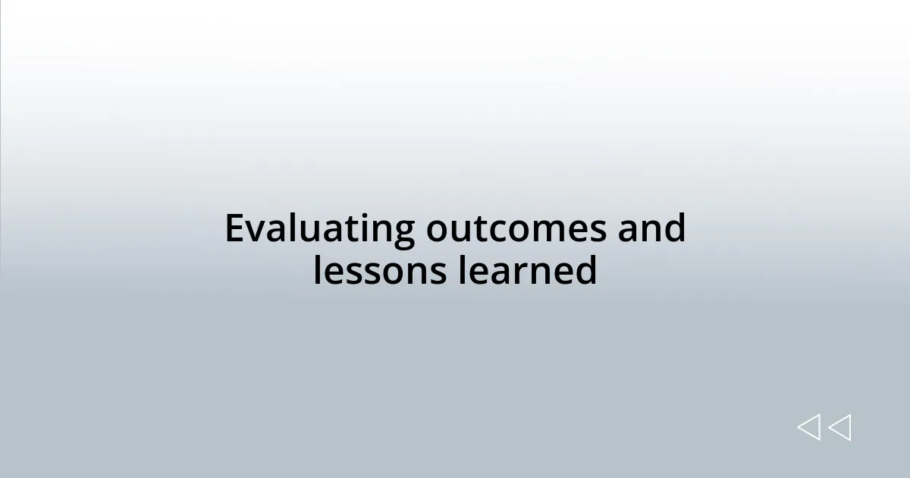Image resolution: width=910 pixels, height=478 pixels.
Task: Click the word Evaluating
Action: (319, 229)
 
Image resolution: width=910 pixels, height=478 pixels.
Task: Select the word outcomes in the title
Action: (516, 229)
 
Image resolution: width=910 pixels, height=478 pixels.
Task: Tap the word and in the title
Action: (651, 229)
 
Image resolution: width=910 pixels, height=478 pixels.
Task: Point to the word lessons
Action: (379, 271)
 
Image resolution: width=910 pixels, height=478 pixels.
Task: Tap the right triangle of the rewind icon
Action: (840, 427)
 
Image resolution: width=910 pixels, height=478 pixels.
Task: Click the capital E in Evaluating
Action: (235, 229)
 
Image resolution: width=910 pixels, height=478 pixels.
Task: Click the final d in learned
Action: (585, 271)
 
